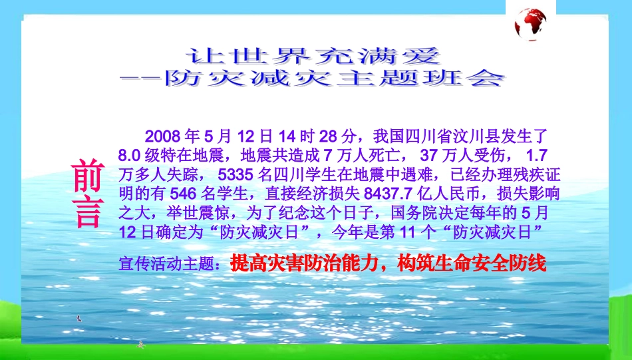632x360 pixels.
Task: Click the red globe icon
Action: pyautogui.click(x=530, y=24)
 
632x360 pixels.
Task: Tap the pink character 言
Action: pyautogui.click(x=88, y=213)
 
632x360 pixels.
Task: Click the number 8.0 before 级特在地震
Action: pyautogui.click(x=128, y=156)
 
